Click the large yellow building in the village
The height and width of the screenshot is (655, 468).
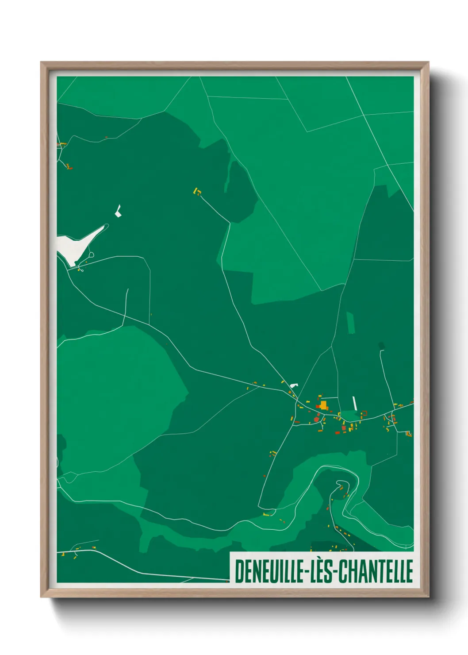click(x=324, y=405)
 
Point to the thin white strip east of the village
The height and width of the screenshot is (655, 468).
click(x=354, y=403)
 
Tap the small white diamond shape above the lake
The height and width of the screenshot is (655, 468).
click(x=118, y=211)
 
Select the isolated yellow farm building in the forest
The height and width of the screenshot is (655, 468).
click(x=197, y=191)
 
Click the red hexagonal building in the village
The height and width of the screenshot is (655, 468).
click(x=317, y=419)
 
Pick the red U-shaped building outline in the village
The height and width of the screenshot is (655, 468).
click(x=364, y=413)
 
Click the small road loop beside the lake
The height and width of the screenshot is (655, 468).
click(x=92, y=255)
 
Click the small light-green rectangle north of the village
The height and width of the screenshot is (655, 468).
click(x=350, y=323)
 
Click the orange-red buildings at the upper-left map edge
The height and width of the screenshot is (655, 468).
click(x=62, y=144)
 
